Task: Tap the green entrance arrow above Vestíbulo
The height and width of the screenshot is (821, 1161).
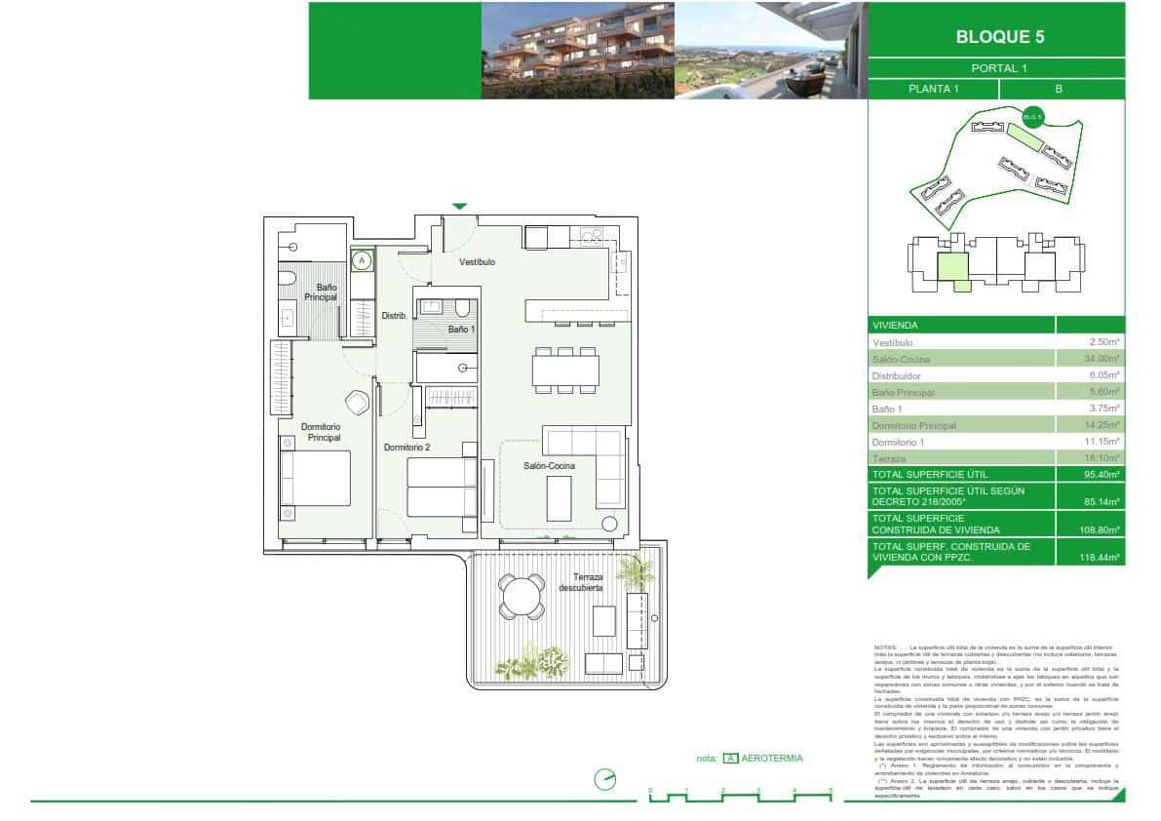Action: [460, 206]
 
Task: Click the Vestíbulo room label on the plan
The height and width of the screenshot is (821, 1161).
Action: [478, 262]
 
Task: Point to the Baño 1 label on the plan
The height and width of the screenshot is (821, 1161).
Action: [461, 330]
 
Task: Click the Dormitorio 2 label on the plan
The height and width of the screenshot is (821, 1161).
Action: [406, 448]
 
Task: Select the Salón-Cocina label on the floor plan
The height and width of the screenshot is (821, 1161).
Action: [549, 466]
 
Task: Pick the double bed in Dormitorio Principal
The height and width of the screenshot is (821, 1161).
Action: [315, 478]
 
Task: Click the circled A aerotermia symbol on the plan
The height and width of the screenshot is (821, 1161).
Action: [362, 260]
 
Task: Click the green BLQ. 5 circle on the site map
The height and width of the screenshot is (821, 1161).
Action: [1032, 117]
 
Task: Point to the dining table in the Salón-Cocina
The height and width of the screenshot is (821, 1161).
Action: [565, 371]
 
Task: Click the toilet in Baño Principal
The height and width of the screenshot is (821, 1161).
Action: [287, 280]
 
